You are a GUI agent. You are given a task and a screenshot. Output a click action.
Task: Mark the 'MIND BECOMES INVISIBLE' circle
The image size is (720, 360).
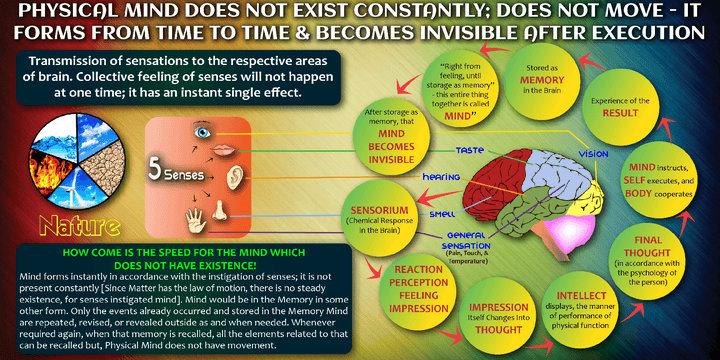[389, 135]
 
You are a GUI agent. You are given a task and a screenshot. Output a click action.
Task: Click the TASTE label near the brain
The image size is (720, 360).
[469, 151]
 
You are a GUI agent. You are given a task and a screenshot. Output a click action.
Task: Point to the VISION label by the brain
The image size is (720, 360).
[594, 154]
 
